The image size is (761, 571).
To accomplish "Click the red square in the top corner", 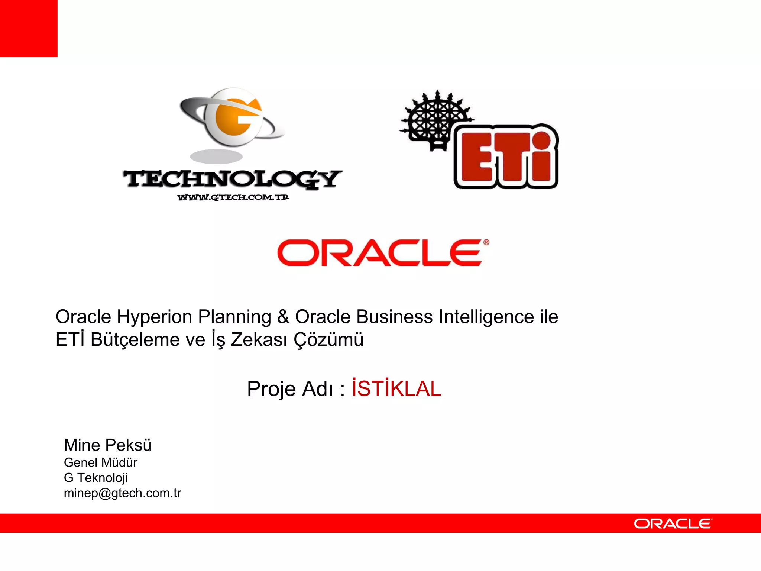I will click(x=29, y=29).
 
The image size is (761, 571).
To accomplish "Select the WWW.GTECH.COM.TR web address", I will click(x=233, y=197).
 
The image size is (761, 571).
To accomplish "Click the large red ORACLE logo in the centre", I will click(x=383, y=253).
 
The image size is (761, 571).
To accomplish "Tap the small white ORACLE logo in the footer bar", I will click(x=673, y=524).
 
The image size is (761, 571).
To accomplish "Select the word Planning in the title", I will click(x=234, y=317).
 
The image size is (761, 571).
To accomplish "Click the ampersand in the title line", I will click(x=283, y=317).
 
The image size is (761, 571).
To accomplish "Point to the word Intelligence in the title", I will click(x=486, y=317).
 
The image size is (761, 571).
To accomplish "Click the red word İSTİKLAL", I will click(x=396, y=389).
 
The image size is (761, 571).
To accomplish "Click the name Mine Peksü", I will click(x=108, y=445).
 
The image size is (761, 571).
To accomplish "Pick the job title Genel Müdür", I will click(x=100, y=462).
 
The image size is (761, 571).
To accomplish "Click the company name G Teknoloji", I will click(x=96, y=478).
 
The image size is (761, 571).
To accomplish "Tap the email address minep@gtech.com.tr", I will click(x=122, y=493).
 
